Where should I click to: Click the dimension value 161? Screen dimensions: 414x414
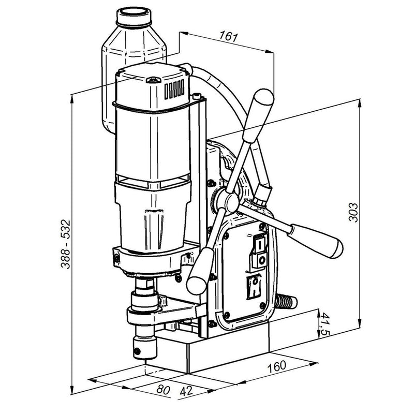click(229, 36)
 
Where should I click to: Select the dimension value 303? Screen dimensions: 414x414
click(353, 212)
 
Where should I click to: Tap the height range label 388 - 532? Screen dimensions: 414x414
click(66, 244)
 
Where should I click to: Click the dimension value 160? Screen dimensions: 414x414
click(277, 366)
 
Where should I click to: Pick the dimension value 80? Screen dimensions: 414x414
click(163, 390)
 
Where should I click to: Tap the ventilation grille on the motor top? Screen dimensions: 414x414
click(174, 88)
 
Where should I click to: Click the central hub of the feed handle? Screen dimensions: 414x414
click(230, 202)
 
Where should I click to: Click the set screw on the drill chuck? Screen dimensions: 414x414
click(137, 351)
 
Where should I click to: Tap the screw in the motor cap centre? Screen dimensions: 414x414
click(153, 80)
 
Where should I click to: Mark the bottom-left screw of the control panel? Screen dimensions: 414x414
click(227, 315)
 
